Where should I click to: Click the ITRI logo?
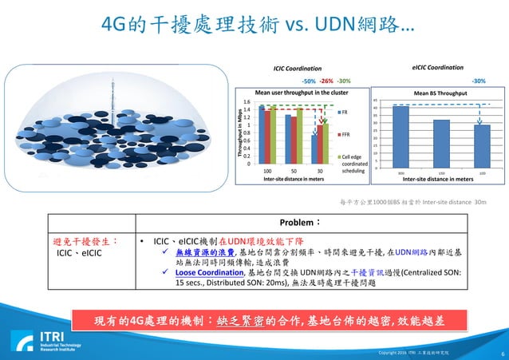click(30, 341)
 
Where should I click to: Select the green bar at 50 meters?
click(299, 136)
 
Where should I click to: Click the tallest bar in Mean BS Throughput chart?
click(400, 136)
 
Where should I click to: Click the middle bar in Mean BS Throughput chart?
click(441, 144)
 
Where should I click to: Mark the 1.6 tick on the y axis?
click(249, 102)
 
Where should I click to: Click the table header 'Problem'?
click(276, 222)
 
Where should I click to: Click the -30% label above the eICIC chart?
click(479, 81)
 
